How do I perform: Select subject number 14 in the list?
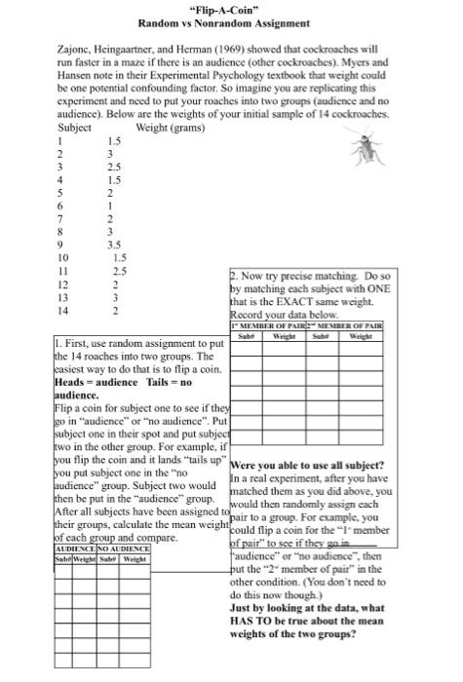(65, 311)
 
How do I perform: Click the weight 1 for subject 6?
(110, 207)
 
